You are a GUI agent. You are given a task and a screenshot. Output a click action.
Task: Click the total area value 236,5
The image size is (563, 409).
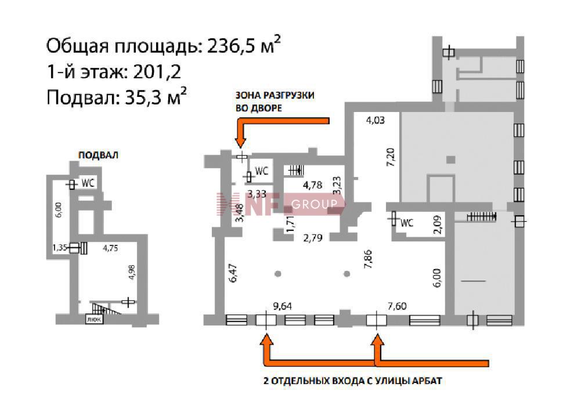coord(230,46)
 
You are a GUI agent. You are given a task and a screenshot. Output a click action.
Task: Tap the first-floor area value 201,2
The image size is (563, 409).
coord(157,72)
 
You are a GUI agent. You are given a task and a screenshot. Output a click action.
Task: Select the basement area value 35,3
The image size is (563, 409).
coord(143,97)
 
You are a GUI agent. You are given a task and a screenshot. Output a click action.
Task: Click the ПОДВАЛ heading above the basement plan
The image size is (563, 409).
coord(98,155)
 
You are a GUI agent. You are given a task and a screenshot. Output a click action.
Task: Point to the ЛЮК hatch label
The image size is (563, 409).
coord(94,319)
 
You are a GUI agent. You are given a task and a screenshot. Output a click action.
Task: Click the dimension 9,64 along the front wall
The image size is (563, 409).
coord(282,306)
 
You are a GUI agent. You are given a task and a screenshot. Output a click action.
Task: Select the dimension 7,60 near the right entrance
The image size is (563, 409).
coord(397,306)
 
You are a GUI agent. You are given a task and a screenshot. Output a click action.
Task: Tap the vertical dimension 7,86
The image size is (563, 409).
coord(368,259)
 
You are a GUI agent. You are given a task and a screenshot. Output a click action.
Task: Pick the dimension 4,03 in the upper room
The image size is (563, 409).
coord(375,120)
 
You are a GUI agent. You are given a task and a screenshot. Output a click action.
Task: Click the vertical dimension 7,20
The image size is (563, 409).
coord(391,157)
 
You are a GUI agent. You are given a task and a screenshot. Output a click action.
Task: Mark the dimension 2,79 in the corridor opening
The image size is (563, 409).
coord(313,238)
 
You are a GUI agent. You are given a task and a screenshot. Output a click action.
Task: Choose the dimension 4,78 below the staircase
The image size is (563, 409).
coord(312,185)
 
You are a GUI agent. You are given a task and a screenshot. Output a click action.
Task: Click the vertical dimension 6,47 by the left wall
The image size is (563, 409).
coord(233,273)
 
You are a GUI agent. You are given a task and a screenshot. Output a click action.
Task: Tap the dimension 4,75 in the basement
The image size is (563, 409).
coord(110,248)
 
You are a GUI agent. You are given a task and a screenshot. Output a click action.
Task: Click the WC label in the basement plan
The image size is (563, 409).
coord(88,183)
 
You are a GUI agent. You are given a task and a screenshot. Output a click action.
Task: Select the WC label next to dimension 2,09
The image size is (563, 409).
coord(407,223)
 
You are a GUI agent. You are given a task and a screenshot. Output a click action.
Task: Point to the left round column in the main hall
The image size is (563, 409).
coord(278,274)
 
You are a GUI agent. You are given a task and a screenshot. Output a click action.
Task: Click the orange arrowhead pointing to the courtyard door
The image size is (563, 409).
coord(240,141)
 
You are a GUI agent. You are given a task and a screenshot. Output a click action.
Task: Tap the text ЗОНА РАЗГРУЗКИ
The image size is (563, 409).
coord(275,95)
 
